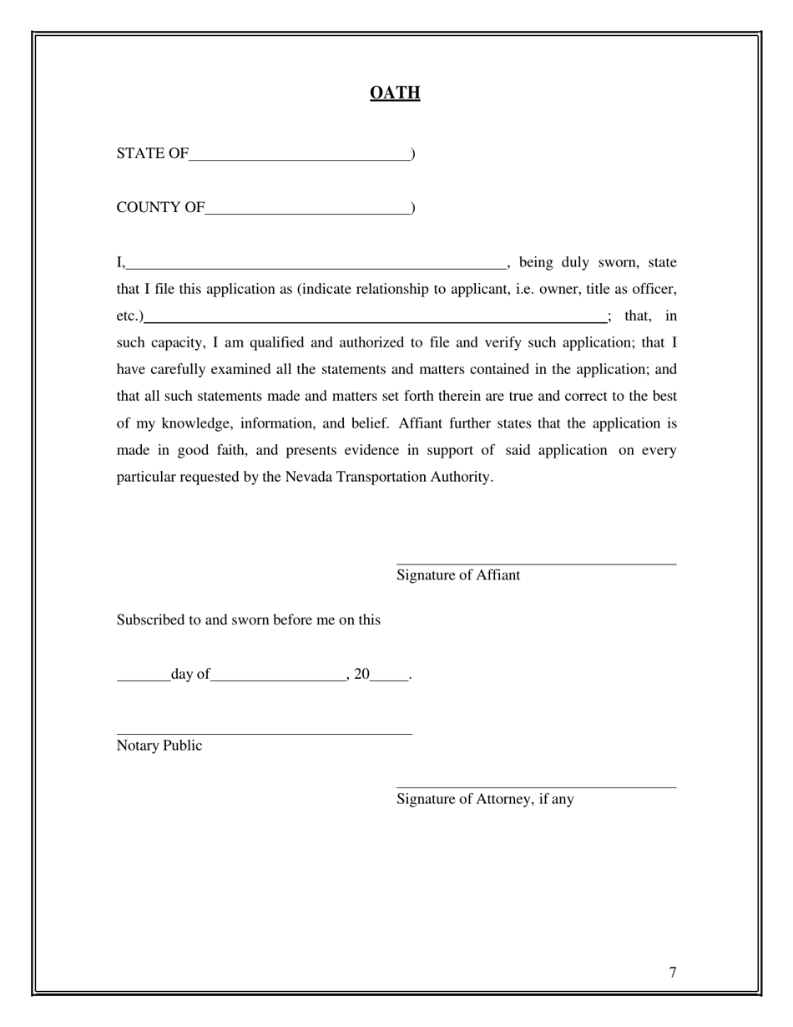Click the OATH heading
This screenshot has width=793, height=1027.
(395, 93)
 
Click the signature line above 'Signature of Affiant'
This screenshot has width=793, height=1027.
(536, 564)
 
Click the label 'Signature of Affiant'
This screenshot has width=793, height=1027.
(458, 575)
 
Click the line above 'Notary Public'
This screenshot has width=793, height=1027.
(264, 733)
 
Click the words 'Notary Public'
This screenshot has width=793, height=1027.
(159, 746)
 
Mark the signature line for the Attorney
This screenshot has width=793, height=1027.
(536, 787)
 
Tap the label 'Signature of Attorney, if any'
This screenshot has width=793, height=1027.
(485, 799)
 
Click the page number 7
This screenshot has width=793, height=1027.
(673, 972)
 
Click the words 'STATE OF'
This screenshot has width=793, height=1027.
(153, 154)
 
